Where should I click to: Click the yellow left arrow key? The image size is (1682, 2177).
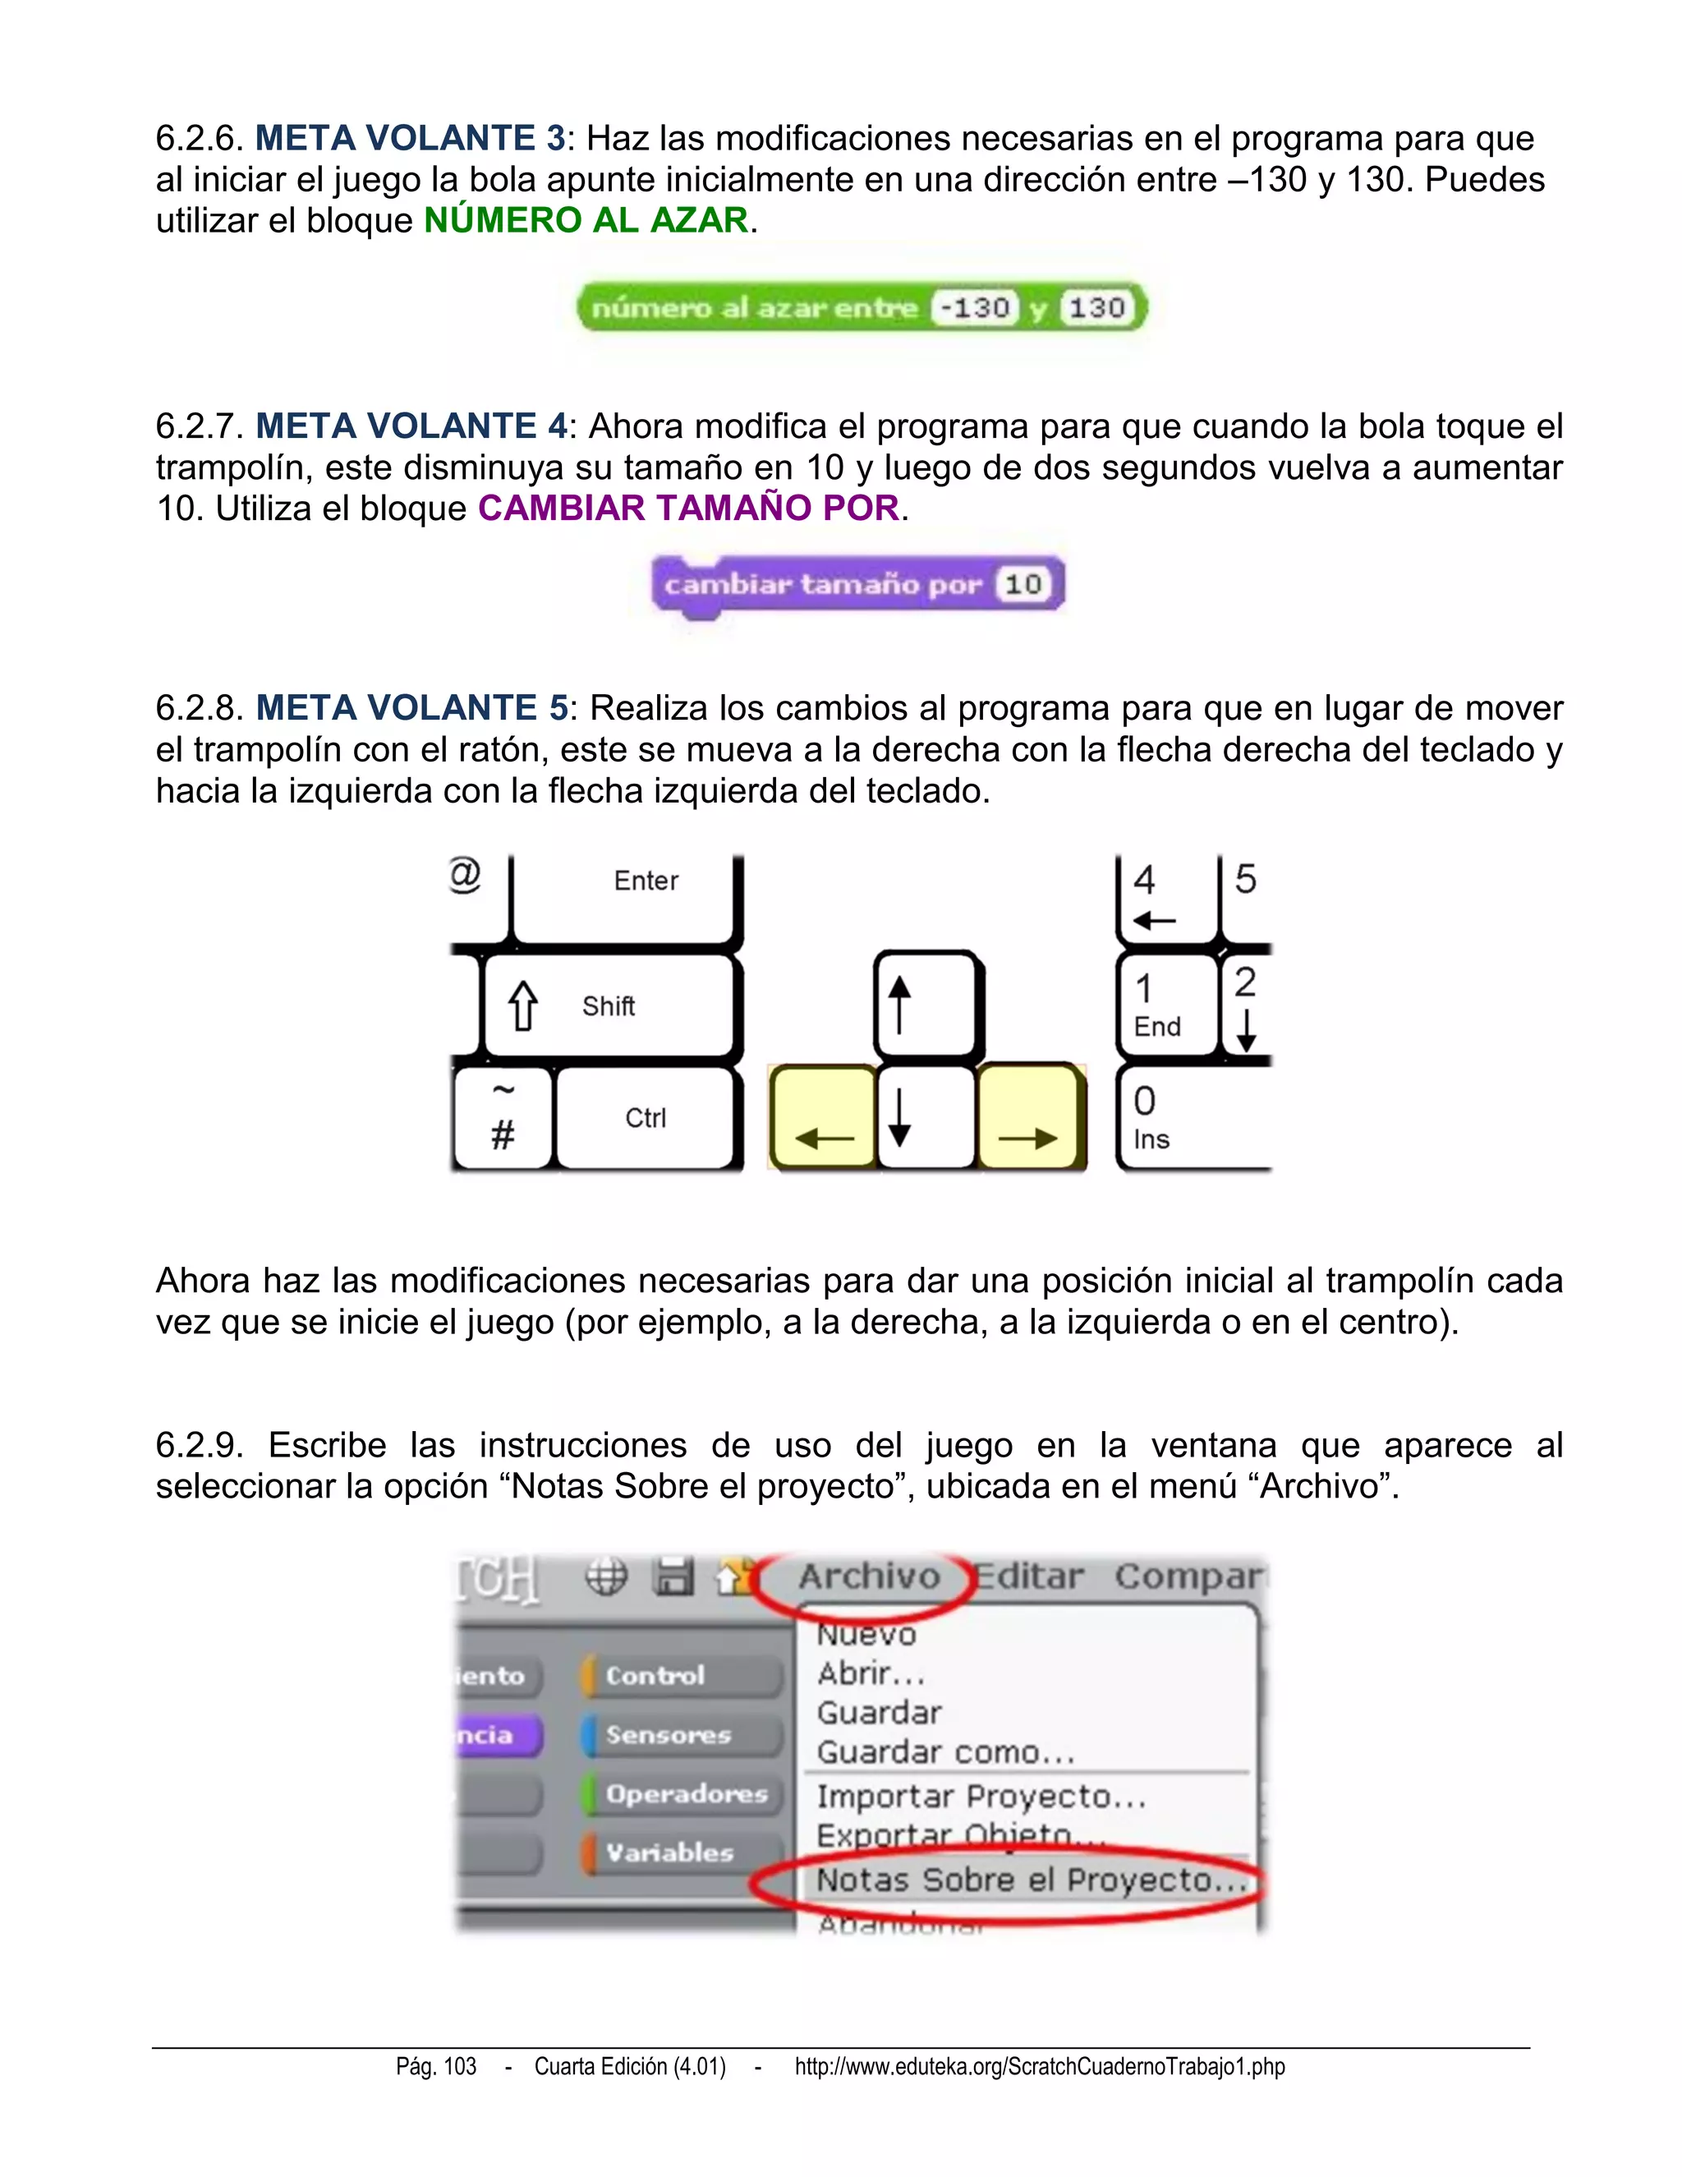[x=823, y=1116]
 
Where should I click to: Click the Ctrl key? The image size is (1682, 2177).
[x=646, y=1117]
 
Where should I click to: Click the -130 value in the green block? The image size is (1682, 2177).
[x=977, y=307]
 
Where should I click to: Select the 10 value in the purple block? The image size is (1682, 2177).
[x=1023, y=584]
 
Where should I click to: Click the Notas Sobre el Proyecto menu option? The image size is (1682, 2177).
[x=1031, y=1880]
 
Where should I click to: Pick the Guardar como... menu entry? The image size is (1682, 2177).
[x=944, y=1752]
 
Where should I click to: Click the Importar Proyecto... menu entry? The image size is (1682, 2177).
[x=981, y=1796]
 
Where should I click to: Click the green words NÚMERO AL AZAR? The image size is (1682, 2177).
[x=586, y=220]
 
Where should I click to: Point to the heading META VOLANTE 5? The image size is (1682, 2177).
[x=411, y=707]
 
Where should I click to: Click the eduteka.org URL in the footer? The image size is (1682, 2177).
[x=1039, y=2066]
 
